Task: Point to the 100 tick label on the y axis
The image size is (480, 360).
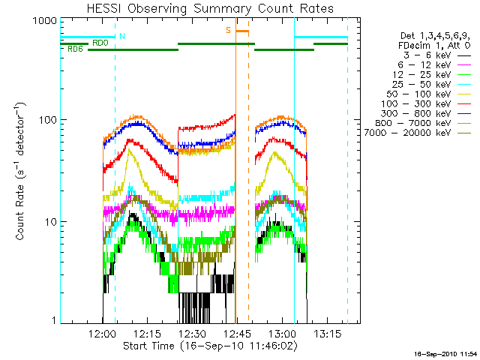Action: tap(47, 120)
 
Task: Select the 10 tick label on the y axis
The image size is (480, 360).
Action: tap(50, 222)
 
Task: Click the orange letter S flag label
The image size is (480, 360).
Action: tap(228, 31)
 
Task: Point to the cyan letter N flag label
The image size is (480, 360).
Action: tap(122, 36)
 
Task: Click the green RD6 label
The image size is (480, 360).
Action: tap(75, 49)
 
